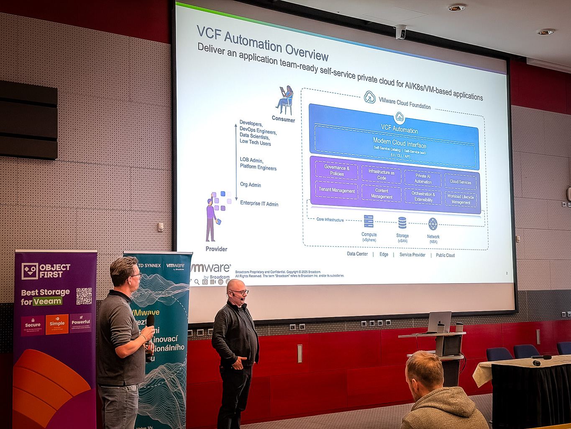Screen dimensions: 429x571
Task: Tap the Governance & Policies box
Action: pos(337,171)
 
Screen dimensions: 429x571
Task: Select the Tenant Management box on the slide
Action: pos(336,190)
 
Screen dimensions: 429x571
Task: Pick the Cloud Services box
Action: pos(460,182)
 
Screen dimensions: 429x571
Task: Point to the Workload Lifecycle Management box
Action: pos(461,199)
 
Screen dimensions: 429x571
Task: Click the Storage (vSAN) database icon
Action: pos(402,223)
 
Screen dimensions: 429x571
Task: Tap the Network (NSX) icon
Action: pos(433,224)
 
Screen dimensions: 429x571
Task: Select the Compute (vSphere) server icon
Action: pos(369,221)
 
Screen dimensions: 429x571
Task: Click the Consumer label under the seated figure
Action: pos(283,119)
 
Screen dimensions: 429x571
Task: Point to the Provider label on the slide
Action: pos(216,249)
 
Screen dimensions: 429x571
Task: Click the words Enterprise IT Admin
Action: pos(259,204)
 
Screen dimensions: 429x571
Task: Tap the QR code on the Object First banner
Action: pos(84,296)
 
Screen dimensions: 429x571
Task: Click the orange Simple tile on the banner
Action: pos(57,324)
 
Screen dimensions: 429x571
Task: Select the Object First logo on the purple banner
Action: pos(46,271)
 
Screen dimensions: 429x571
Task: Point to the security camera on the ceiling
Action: pos(400,32)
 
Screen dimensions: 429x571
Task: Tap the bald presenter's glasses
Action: pos(239,292)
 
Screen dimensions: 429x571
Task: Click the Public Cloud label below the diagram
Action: pos(445,255)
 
